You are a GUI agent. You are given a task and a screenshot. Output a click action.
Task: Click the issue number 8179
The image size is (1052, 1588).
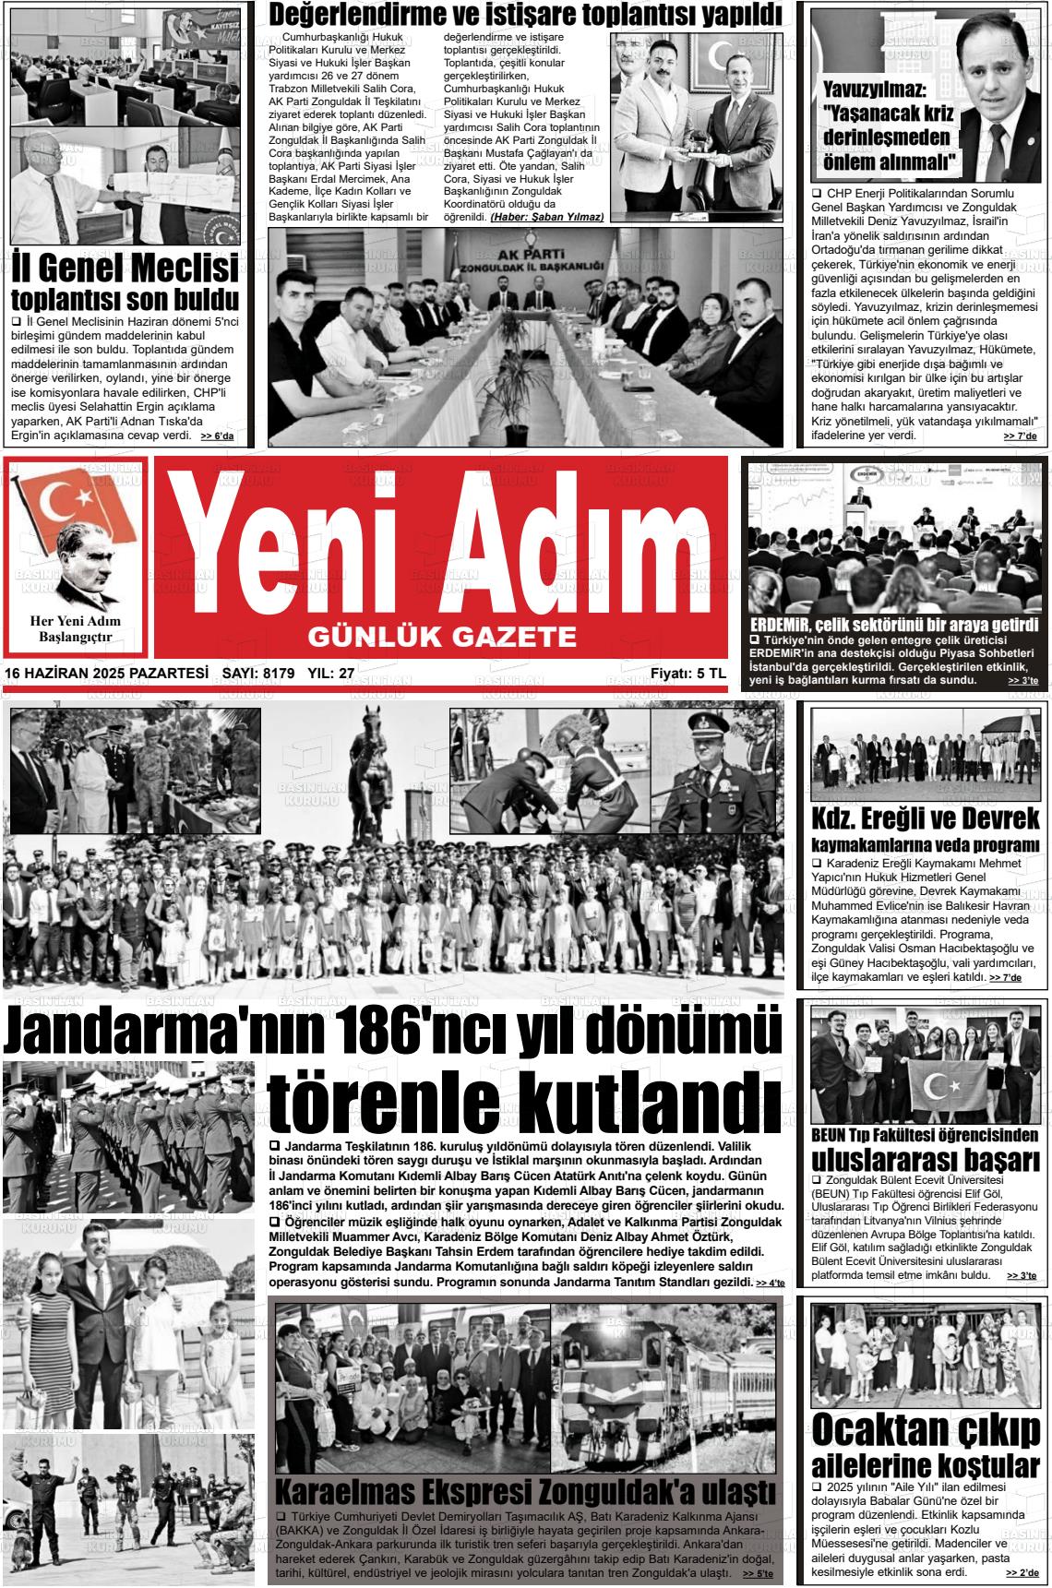[278, 674]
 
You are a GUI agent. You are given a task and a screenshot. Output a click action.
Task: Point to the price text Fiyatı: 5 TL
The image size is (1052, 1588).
[687, 674]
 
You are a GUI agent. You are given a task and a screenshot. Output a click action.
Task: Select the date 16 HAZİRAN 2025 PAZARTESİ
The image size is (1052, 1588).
[106, 674]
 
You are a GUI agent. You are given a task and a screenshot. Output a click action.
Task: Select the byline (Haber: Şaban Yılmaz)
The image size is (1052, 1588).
[546, 217]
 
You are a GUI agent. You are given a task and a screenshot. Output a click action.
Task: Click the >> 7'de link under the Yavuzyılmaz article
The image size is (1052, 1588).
[1020, 436]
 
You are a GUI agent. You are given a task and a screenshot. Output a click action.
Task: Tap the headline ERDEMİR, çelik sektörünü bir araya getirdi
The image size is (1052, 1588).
[894, 625]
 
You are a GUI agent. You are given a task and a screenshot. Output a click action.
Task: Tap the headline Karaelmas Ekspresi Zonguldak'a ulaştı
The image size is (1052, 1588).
[525, 1491]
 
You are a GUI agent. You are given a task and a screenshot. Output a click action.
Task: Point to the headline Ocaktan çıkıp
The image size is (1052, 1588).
[925, 1429]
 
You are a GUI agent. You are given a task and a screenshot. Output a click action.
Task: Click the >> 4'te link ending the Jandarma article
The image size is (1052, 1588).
[770, 1284]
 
